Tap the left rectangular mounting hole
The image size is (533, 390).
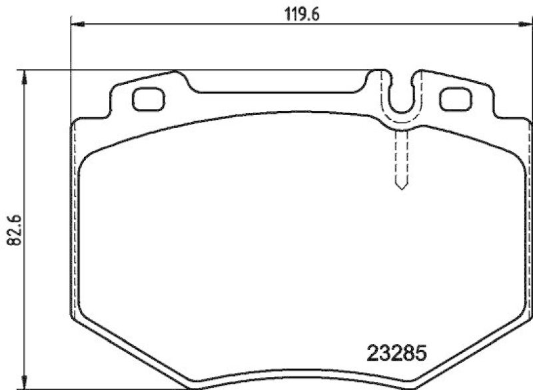click(x=148, y=100)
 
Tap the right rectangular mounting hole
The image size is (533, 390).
click(x=456, y=100)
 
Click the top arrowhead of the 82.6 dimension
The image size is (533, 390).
click(x=25, y=77)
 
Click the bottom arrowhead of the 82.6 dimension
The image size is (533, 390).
click(x=25, y=382)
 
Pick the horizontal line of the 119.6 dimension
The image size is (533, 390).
click(x=200, y=25)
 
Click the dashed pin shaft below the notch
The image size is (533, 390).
click(x=401, y=153)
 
